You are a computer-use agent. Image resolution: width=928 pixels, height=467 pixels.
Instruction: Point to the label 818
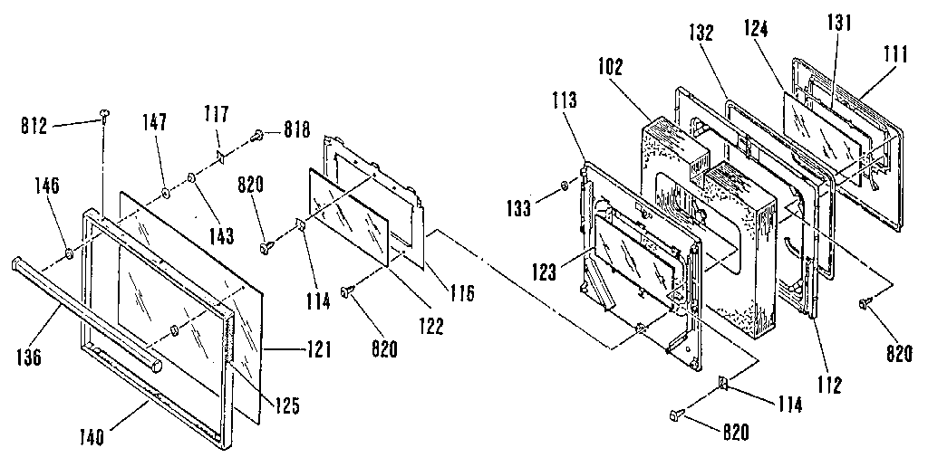(x=297, y=130)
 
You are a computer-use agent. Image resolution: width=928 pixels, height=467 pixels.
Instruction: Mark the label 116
(x=460, y=293)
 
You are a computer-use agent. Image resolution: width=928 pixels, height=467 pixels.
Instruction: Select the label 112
(x=829, y=384)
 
